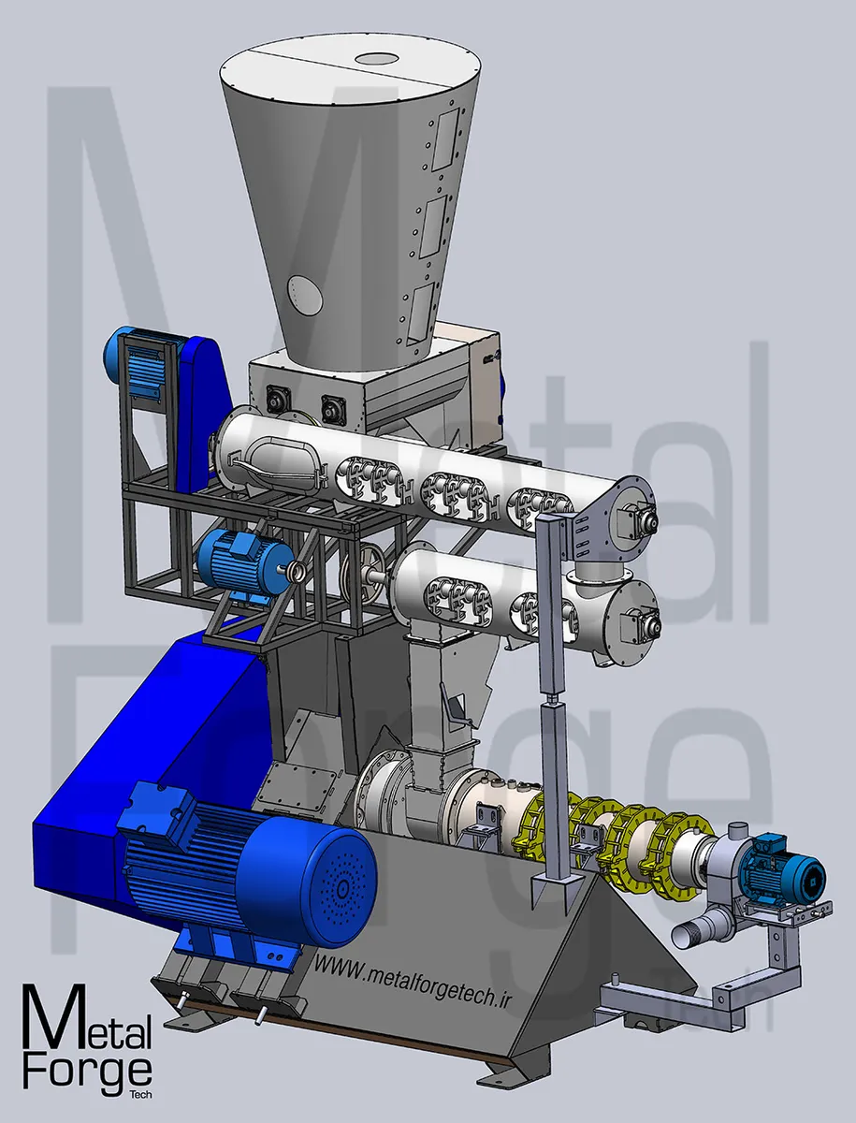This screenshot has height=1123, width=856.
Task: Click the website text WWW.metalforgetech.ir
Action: click(x=413, y=980)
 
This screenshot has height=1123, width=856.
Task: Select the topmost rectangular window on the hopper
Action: click(x=446, y=139)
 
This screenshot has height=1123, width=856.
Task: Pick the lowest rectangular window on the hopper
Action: click(x=421, y=312)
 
